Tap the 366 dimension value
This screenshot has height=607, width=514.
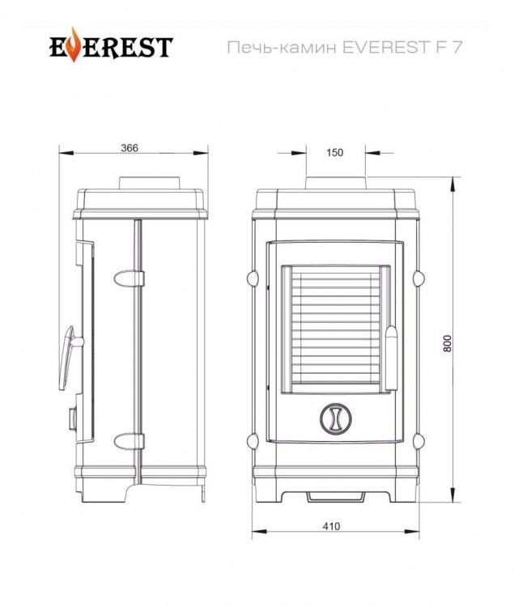(x=130, y=147)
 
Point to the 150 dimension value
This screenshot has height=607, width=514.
(x=335, y=151)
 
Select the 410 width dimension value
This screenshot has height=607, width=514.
(x=331, y=525)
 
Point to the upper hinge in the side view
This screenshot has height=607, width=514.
(x=129, y=278)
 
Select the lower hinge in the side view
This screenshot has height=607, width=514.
(x=129, y=441)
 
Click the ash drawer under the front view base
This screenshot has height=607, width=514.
(x=336, y=495)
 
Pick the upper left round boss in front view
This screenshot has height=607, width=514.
(x=252, y=278)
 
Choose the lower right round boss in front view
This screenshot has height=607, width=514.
(x=418, y=441)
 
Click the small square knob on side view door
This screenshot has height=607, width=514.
(x=72, y=418)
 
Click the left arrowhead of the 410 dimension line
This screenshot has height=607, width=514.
(x=255, y=533)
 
